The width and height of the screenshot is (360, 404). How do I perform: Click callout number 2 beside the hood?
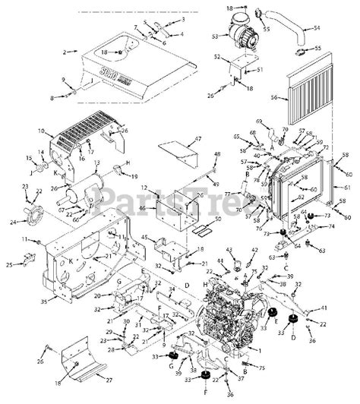[65, 52]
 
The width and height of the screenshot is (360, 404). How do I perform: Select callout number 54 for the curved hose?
[317, 27]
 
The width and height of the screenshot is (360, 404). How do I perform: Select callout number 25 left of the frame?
[10, 265]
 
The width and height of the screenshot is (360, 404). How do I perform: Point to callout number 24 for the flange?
[11, 223]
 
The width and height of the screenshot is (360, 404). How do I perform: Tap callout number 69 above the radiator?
[259, 122]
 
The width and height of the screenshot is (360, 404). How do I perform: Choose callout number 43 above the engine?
[229, 250]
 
